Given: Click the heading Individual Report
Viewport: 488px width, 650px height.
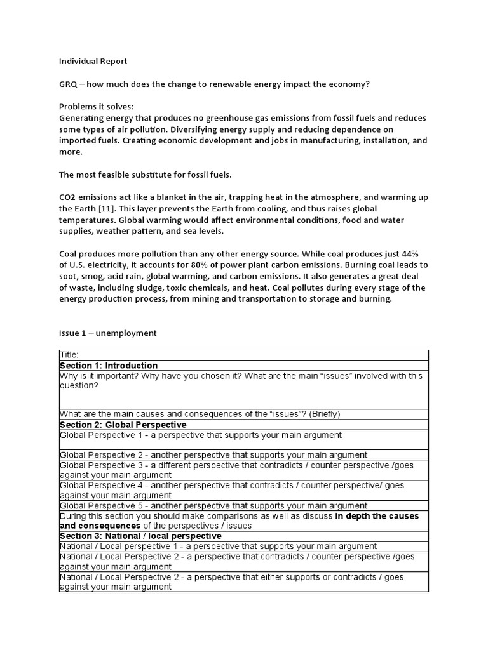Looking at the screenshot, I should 93,62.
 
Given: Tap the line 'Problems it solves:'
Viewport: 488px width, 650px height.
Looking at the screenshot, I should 96,107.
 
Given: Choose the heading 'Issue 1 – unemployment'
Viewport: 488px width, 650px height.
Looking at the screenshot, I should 107,333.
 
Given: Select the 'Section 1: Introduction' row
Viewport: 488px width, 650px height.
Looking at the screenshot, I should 109,366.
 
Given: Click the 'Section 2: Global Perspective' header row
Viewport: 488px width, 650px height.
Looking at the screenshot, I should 123,425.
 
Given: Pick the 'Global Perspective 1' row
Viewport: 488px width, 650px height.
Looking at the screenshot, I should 200,435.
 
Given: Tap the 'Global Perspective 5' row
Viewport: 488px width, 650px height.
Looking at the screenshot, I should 213,506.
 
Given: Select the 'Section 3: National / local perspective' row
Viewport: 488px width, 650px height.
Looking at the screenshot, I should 140,536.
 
